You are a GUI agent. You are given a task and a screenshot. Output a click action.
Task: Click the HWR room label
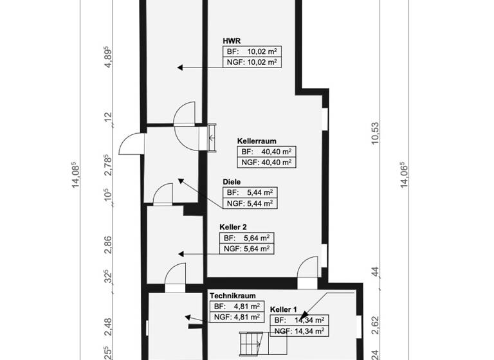tap(232, 40)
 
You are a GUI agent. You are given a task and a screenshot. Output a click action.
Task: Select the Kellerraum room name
tap(257, 140)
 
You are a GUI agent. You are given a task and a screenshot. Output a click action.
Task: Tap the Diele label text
tap(232, 182)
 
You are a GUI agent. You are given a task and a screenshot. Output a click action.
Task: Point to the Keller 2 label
tap(233, 227)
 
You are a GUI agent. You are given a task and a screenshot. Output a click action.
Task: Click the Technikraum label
tap(232, 296)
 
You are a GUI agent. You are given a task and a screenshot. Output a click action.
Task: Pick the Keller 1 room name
tap(284, 309)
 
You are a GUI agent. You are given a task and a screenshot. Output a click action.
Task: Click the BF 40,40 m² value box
tap(266, 152)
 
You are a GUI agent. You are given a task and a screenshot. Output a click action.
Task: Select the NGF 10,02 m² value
tap(252, 62)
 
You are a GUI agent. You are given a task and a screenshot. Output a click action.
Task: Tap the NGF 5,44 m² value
tap(250, 204)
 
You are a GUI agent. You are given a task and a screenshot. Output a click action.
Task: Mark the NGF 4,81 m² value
tap(235, 317)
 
